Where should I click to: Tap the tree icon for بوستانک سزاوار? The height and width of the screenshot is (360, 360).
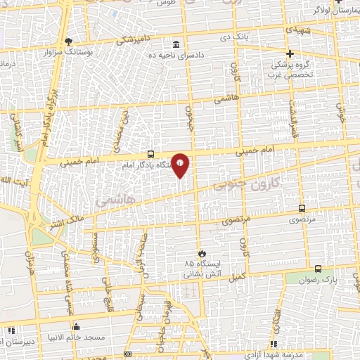tap(68, 41)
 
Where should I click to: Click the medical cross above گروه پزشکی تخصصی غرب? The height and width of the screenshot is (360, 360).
tap(290, 53)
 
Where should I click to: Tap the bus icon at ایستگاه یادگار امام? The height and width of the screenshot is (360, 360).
tap(151, 154)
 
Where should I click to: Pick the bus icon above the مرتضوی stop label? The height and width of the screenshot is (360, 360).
tap(302, 209)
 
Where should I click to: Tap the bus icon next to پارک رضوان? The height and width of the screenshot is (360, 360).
tap(318, 269)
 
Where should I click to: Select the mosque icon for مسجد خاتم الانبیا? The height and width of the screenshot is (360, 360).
tap(76, 326)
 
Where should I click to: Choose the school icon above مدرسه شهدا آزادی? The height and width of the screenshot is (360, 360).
tap(273, 344)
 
